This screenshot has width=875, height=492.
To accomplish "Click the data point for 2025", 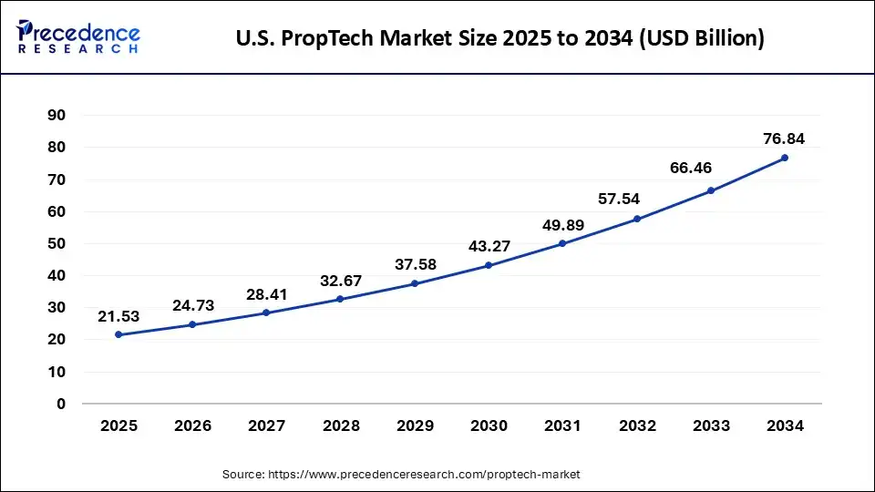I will click(x=119, y=334).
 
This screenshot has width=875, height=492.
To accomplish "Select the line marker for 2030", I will click(x=489, y=265).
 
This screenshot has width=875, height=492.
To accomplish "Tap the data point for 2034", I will click(x=784, y=158).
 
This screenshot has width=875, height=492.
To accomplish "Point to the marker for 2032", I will click(x=636, y=219).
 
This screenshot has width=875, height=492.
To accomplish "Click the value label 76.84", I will click(x=784, y=138).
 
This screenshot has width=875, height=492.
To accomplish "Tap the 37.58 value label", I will click(x=415, y=263).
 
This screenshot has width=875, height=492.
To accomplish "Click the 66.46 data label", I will click(x=710, y=168).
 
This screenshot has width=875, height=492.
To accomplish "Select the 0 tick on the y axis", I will click(x=62, y=404).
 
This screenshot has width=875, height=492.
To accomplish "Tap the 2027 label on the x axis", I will click(x=267, y=425).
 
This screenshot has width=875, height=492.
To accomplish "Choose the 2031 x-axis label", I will click(x=562, y=425).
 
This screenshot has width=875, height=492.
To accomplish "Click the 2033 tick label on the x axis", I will click(x=710, y=425).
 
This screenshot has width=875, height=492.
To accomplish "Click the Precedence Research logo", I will click(x=78, y=37).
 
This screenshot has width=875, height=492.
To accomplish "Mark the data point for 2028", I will click(x=341, y=299).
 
